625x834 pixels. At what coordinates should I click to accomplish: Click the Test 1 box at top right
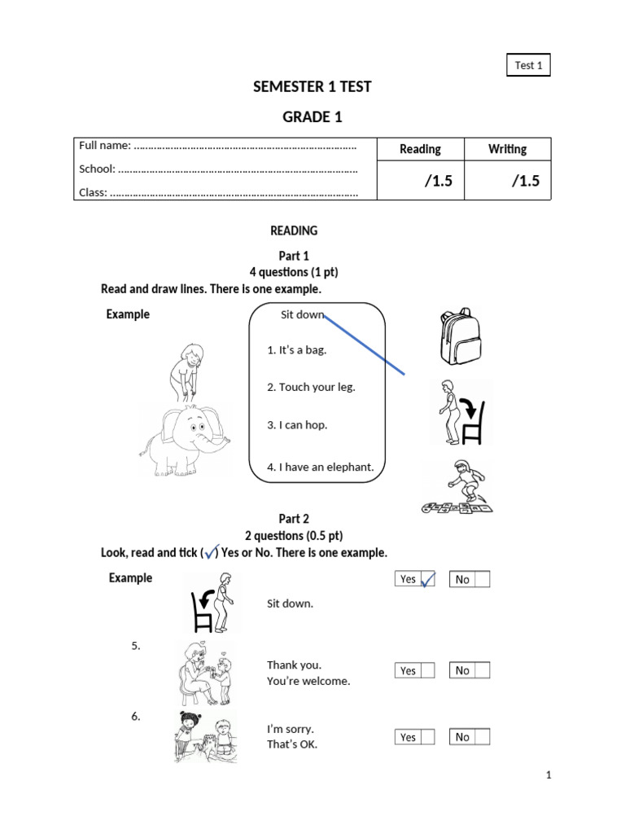[x=529, y=65]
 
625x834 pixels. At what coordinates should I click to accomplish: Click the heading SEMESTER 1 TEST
[x=312, y=87]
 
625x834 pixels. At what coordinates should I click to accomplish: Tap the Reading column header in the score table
[x=420, y=149]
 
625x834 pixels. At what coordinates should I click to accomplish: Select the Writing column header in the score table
[x=507, y=149]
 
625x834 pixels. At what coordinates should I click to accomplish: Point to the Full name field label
[x=105, y=146]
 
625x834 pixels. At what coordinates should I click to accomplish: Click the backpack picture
[x=456, y=336]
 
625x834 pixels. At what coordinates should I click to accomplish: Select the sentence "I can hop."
[x=297, y=425]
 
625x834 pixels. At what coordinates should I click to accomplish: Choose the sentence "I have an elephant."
[x=320, y=467]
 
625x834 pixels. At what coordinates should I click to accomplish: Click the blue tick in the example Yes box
[x=427, y=580]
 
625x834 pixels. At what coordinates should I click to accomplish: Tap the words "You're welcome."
[x=308, y=681]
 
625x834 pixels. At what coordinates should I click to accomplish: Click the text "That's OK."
[x=292, y=744]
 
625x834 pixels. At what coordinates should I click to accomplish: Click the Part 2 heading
[x=294, y=519]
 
